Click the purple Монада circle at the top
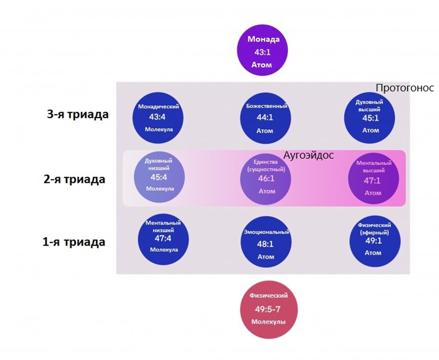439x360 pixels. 262,52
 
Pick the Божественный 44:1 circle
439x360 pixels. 266,118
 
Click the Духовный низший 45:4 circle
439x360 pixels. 159,177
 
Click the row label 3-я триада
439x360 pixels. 78,114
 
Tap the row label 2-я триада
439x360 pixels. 74,180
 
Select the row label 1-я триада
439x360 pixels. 74,242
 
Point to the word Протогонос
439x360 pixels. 405,88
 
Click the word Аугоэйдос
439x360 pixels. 309,155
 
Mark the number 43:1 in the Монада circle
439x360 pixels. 262,52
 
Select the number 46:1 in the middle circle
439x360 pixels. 266,179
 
